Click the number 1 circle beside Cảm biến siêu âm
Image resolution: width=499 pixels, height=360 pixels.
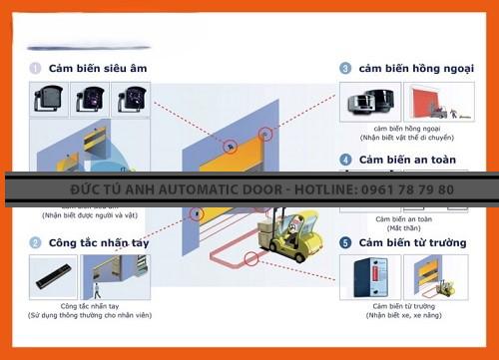[35, 68]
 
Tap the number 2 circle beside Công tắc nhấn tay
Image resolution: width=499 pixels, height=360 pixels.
[35, 242]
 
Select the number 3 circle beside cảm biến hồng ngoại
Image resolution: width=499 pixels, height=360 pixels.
[345, 68]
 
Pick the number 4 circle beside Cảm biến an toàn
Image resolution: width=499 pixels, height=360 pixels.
[345, 160]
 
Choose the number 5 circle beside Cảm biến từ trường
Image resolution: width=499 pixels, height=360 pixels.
[345, 242]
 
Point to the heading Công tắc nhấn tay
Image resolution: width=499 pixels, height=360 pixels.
[99, 242]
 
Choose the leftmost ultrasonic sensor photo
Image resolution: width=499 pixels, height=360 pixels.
[50, 100]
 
